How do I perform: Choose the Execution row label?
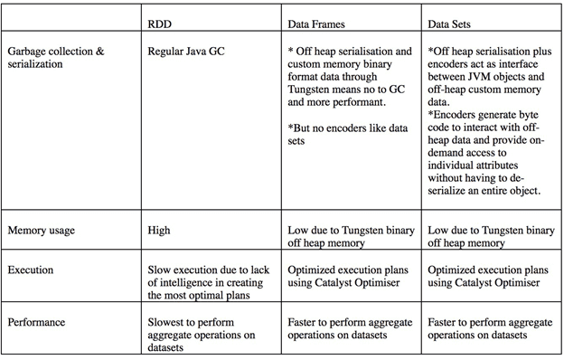pos(33,270)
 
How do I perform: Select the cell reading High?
pos(158,230)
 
